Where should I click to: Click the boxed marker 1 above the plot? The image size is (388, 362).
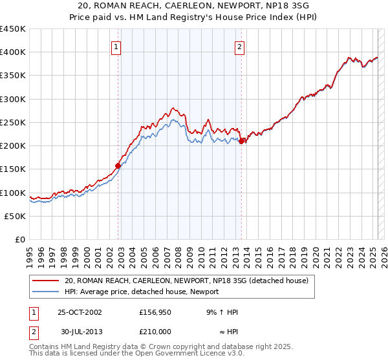coord(116,47)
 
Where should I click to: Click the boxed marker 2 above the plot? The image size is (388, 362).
coord(239,47)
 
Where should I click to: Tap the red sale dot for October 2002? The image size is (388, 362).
coord(118,165)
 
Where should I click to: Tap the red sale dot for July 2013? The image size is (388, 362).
coord(241,141)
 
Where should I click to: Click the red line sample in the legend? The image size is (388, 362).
coord(45,281)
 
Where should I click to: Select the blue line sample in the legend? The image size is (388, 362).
coord(45,292)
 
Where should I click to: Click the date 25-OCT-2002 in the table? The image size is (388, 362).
coord(80,312)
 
